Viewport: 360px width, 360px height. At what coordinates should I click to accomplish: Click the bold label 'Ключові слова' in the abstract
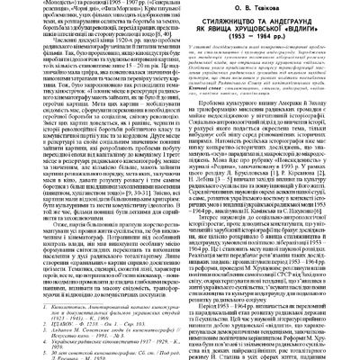(x=206, y=155)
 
